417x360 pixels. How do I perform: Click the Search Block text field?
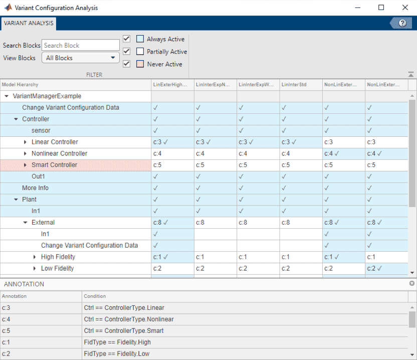80,45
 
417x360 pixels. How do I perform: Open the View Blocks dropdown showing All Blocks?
80,58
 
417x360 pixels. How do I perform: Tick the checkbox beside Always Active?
126,39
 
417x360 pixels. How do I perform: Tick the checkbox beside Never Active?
126,64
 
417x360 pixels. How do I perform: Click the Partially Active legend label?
167,52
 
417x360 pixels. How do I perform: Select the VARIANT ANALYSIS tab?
29,23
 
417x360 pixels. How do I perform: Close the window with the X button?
405,8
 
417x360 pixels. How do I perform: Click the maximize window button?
381,8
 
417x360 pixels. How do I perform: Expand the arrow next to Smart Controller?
26,165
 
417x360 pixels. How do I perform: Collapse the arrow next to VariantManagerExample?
7,96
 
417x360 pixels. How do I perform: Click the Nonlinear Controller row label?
59,153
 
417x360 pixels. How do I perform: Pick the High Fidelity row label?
58,257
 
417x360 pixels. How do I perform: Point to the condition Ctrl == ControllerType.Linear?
124,308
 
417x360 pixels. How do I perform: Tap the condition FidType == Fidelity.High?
117,342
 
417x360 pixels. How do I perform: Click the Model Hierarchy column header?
20,85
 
